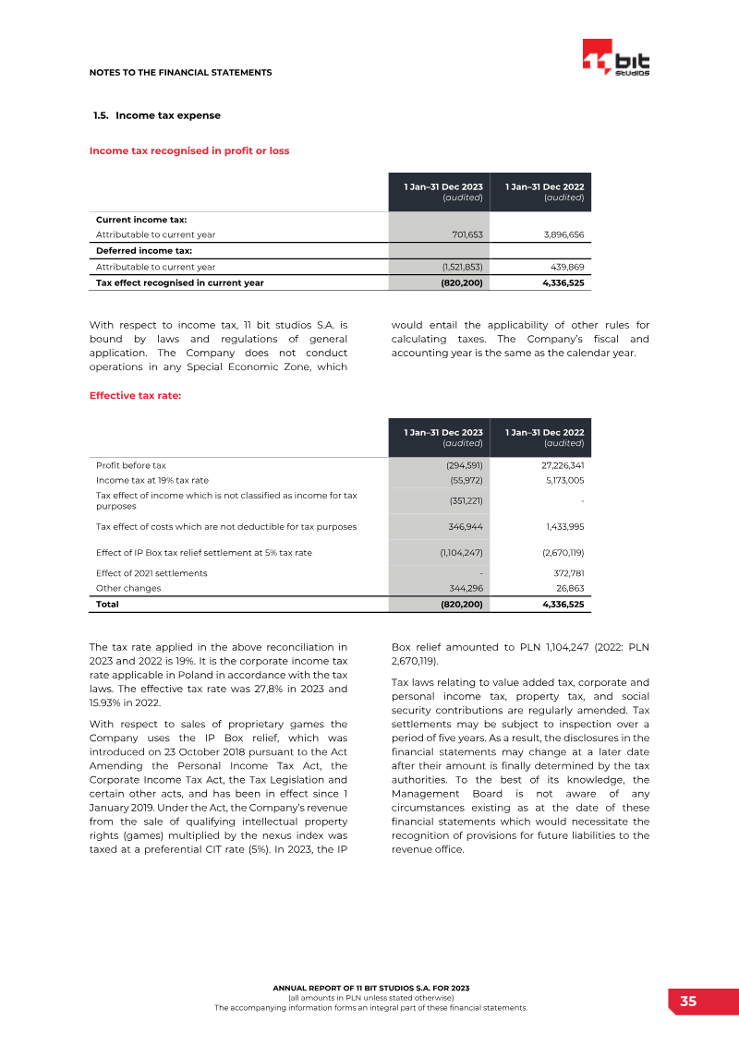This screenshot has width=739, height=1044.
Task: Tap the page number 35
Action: (x=688, y=1002)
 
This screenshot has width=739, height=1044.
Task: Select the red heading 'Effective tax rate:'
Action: (x=135, y=396)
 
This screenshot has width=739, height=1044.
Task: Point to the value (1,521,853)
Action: (x=461, y=267)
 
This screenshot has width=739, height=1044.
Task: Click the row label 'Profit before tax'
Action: (x=131, y=465)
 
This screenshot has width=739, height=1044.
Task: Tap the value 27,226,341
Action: (x=561, y=465)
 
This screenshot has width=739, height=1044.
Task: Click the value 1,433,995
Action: (x=564, y=526)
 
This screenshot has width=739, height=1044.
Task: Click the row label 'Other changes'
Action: (x=128, y=588)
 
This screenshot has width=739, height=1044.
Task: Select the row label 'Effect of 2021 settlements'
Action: (x=151, y=573)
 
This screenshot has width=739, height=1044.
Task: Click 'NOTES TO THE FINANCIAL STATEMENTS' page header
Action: (x=180, y=72)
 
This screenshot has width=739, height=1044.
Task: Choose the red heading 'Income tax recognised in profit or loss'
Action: (x=189, y=150)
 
